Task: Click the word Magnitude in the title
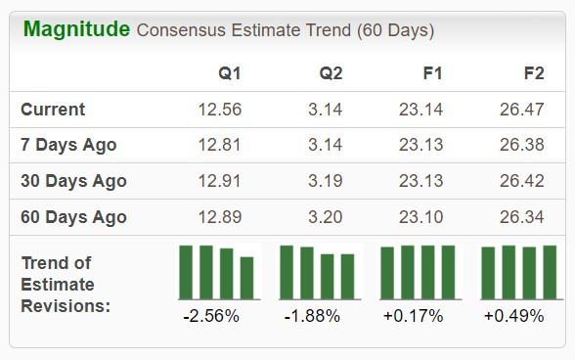76,29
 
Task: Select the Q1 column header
231,73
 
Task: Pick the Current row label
53,110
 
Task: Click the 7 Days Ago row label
68,145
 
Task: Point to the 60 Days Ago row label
73,216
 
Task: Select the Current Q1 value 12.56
219,110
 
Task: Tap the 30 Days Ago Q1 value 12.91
219,181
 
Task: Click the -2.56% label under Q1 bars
210,316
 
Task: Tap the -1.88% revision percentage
311,316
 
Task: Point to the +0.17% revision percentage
412,316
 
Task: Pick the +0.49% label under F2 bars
513,316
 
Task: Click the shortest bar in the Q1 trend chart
246,278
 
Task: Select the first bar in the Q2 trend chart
287,272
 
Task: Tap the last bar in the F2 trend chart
548,272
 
